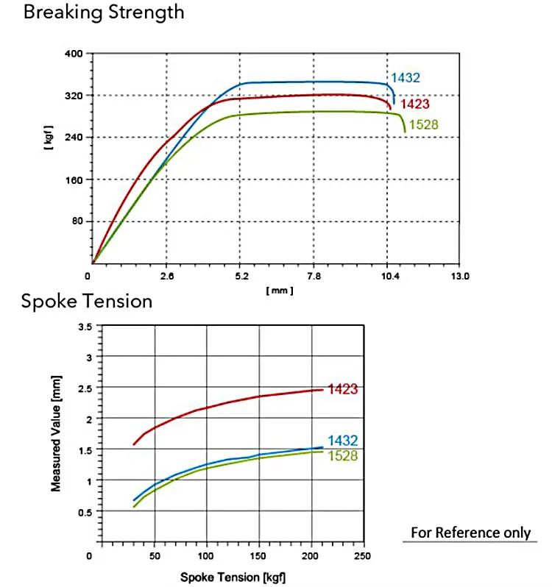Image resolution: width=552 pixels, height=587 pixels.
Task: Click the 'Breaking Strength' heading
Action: pyautogui.click(x=104, y=13)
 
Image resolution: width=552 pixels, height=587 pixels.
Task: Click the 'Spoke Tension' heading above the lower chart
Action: pyautogui.click(x=87, y=301)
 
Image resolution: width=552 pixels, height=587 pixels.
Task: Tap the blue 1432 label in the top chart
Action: pyautogui.click(x=406, y=78)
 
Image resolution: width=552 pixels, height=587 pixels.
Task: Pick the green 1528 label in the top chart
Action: pyautogui.click(x=423, y=124)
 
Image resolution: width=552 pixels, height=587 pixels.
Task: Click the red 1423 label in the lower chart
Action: pyautogui.click(x=343, y=389)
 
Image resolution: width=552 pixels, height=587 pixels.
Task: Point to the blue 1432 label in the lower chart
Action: pyautogui.click(x=343, y=441)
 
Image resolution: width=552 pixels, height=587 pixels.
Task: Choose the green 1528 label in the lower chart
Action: pyautogui.click(x=343, y=456)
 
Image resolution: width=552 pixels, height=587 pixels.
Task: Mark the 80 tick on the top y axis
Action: pyautogui.click(x=76, y=221)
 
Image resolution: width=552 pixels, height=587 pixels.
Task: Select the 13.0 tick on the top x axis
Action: pyautogui.click(x=460, y=277)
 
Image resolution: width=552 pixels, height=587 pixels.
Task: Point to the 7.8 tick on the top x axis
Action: pyautogui.click(x=314, y=277)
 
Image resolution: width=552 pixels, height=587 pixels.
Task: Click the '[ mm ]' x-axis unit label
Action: pyautogui.click(x=280, y=291)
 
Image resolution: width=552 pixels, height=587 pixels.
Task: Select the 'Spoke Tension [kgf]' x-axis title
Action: pyautogui.click(x=233, y=577)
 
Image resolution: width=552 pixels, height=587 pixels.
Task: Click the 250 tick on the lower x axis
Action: pyautogui.click(x=362, y=556)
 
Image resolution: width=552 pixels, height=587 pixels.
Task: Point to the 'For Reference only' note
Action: pyautogui.click(x=470, y=533)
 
